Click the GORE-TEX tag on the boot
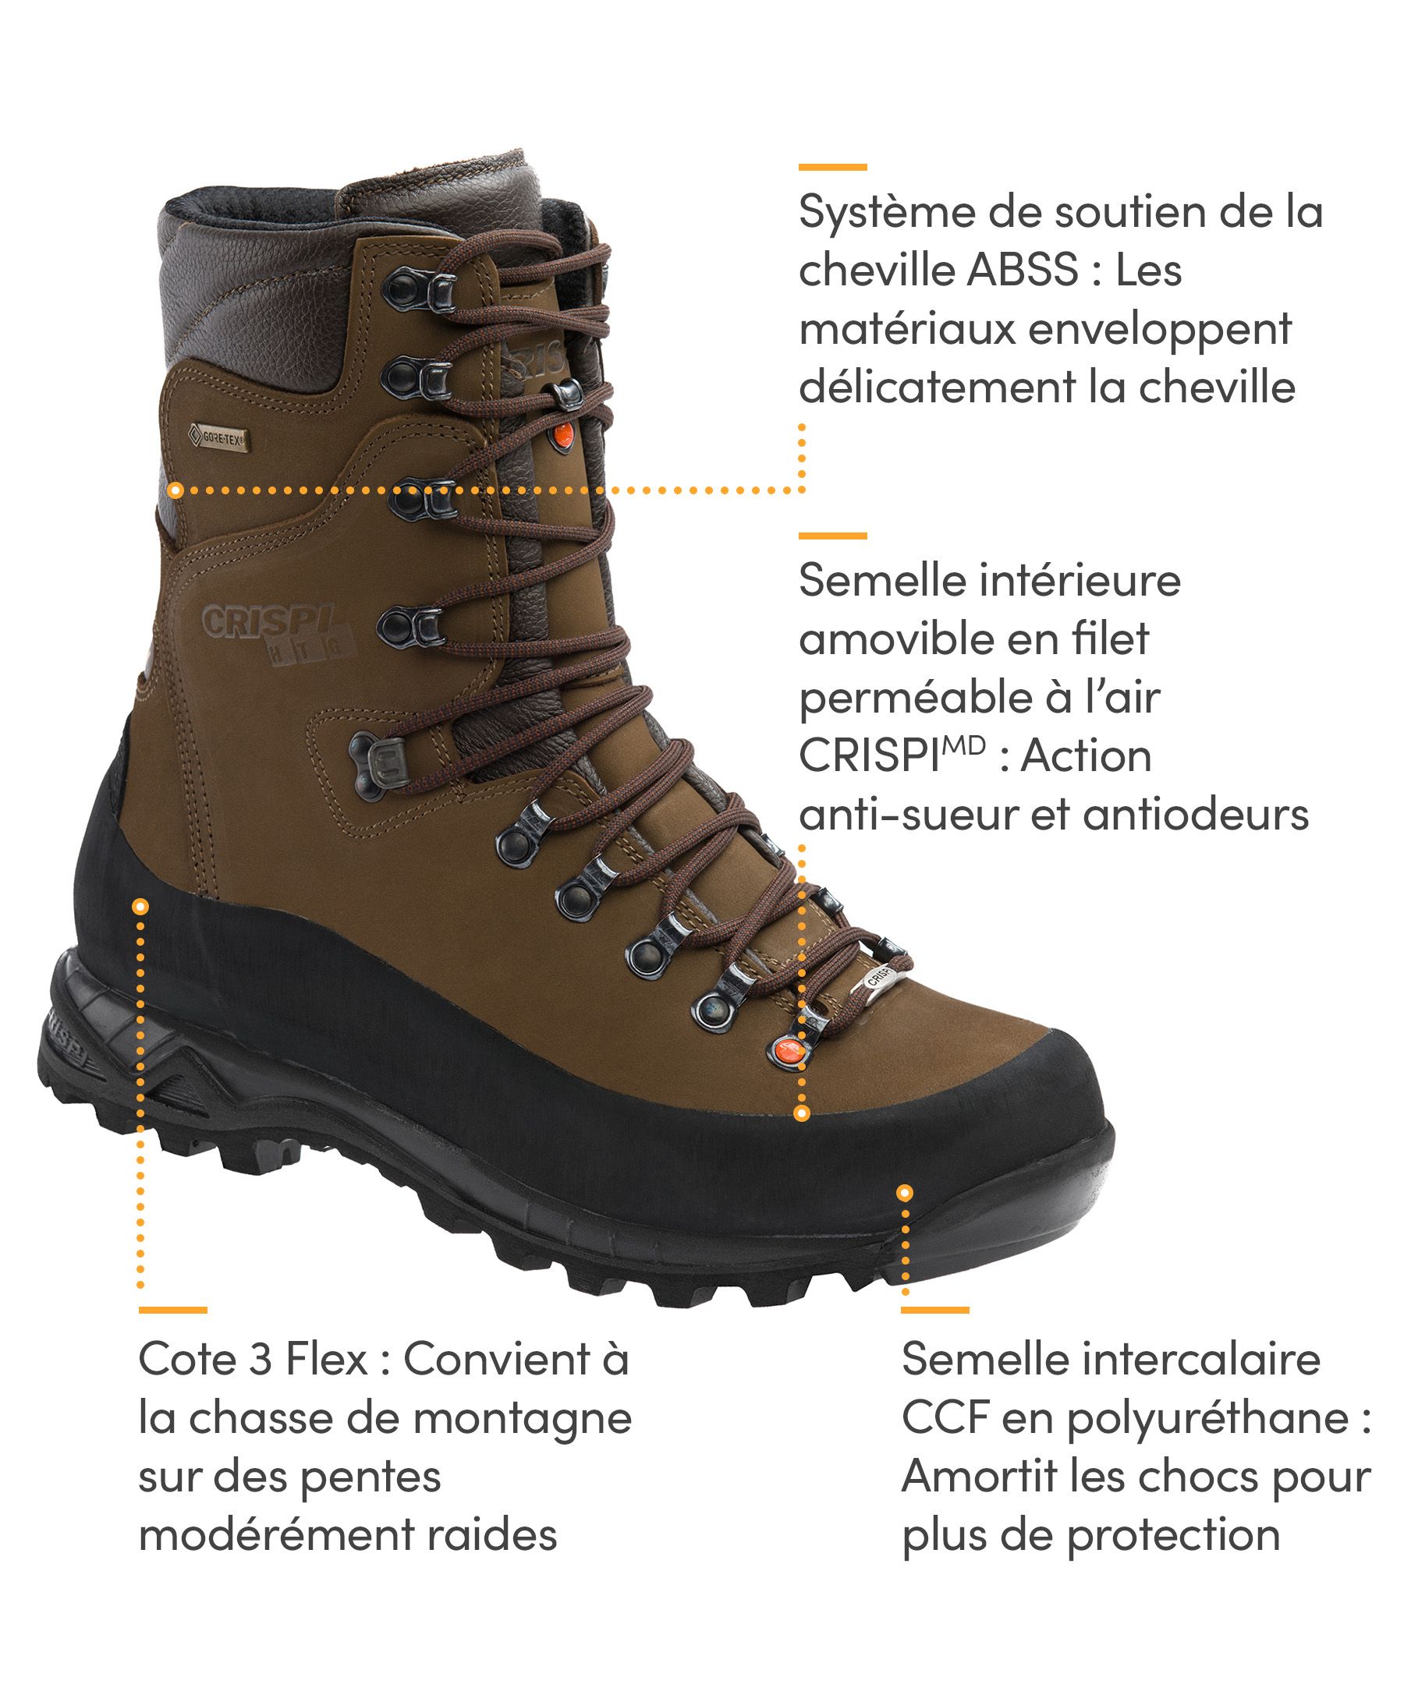(x=217, y=439)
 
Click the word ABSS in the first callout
(x=1022, y=271)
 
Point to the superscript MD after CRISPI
(x=963, y=746)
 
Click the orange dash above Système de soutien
(x=832, y=167)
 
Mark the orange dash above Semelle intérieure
(x=832, y=535)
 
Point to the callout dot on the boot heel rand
(x=140, y=906)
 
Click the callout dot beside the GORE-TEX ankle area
(x=175, y=489)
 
